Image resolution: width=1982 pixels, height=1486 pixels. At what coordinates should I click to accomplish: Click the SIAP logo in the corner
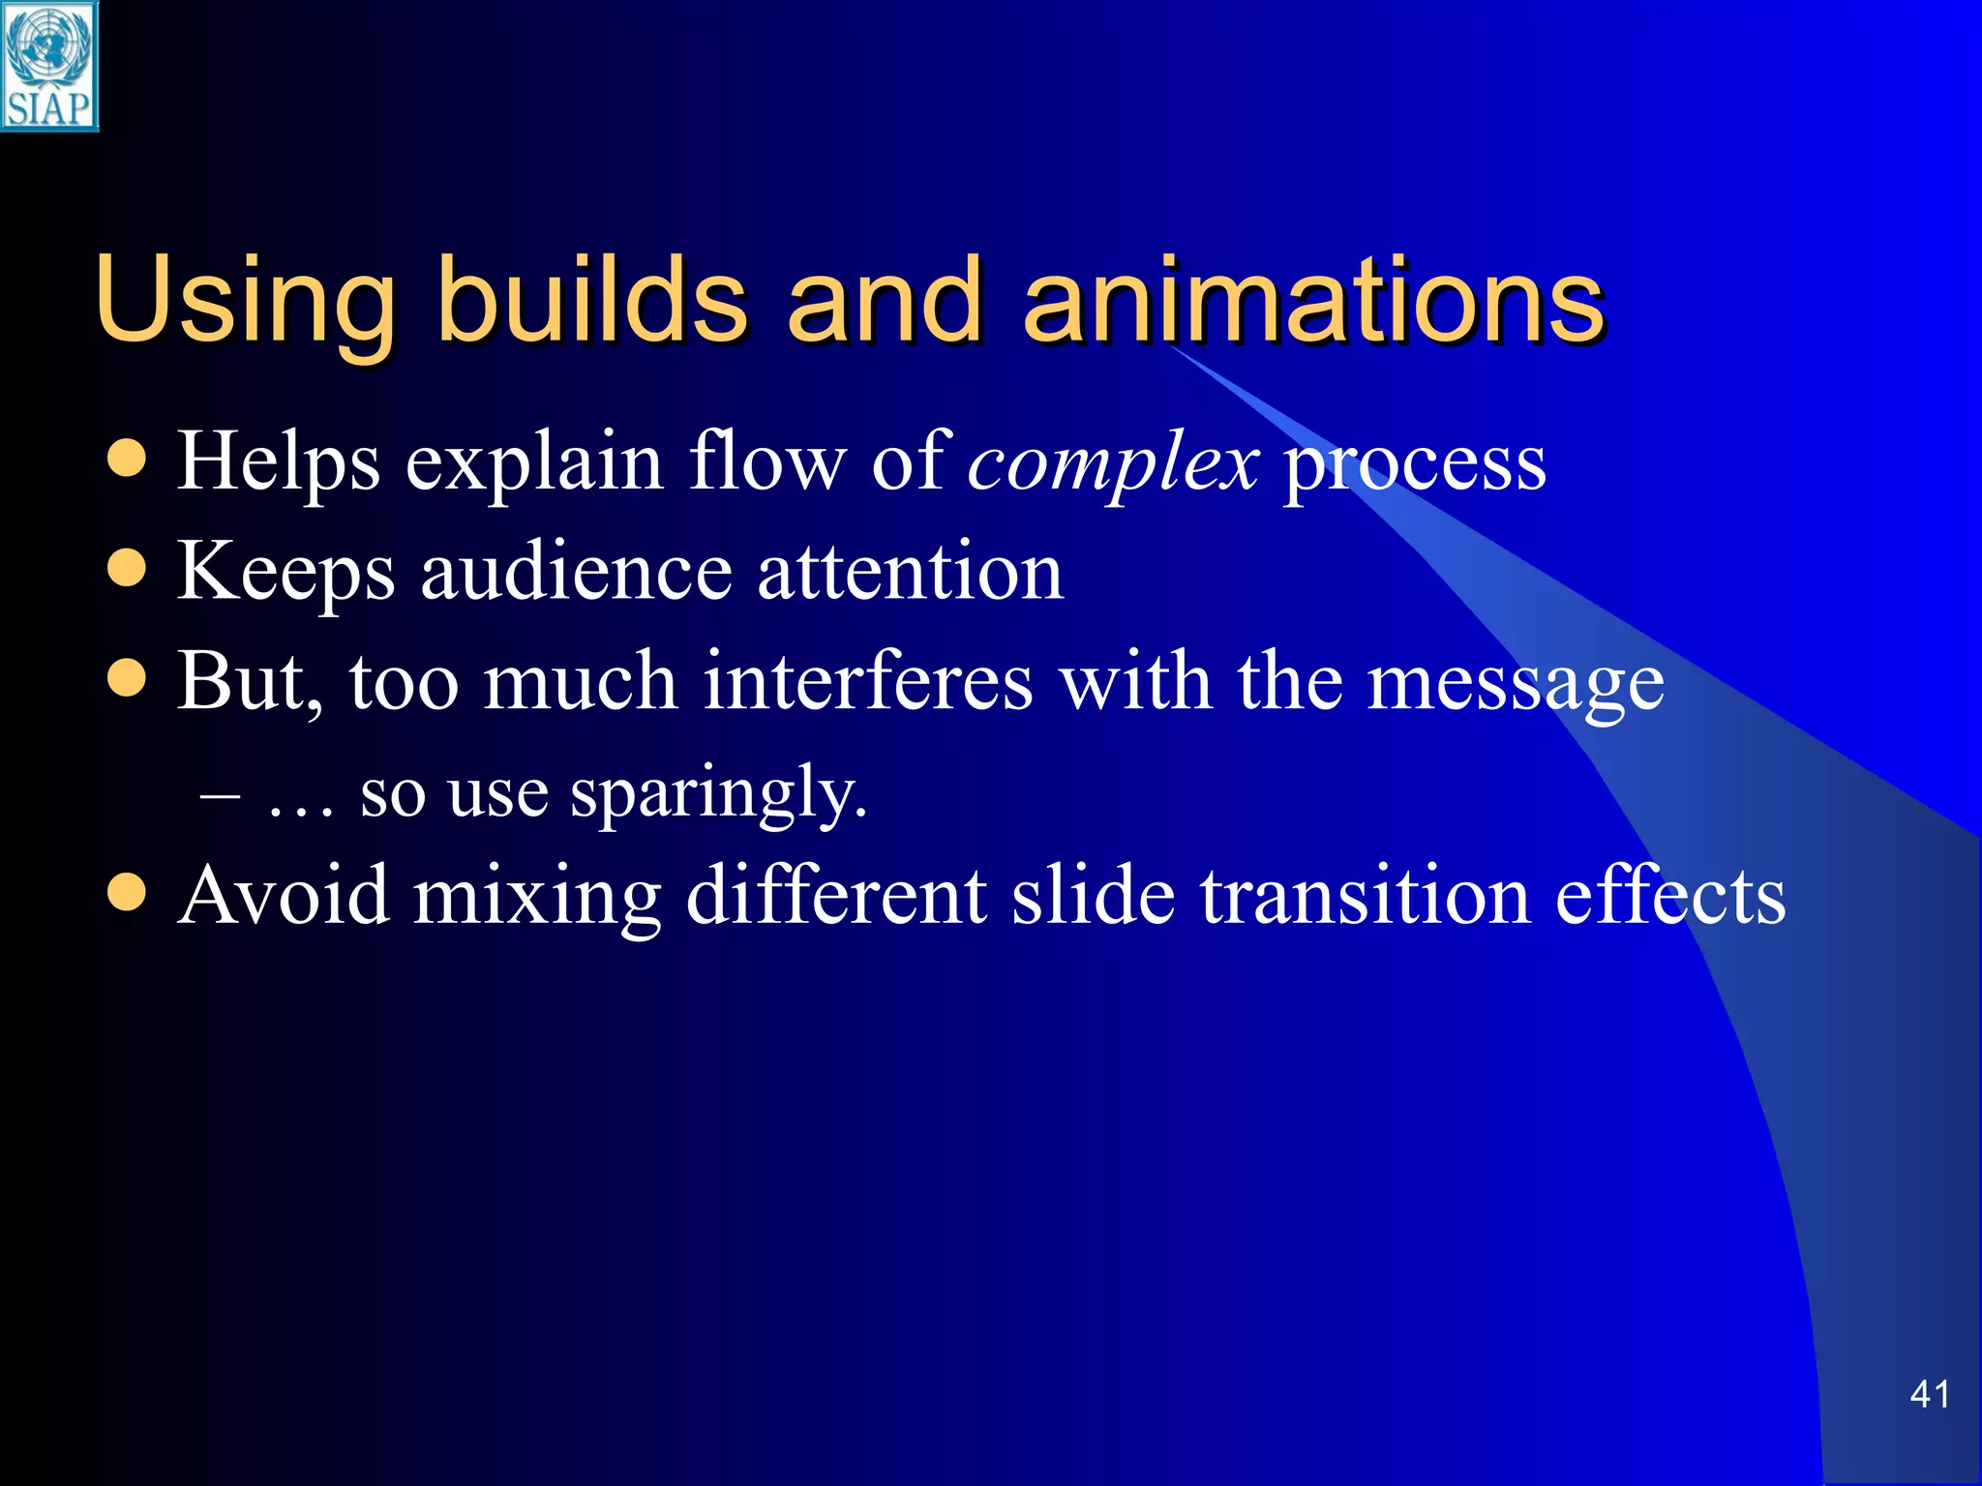pos(48,66)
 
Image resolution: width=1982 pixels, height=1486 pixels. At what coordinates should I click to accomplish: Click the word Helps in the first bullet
pos(279,462)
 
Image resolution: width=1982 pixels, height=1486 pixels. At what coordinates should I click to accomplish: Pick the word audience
pos(577,573)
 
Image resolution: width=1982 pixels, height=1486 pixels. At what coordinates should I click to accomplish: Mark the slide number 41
pos(1930,1394)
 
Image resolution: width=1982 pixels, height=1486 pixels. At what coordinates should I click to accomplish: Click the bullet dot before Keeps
pos(127,569)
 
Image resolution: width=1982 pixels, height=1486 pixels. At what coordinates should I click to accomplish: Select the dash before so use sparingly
pos(220,795)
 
